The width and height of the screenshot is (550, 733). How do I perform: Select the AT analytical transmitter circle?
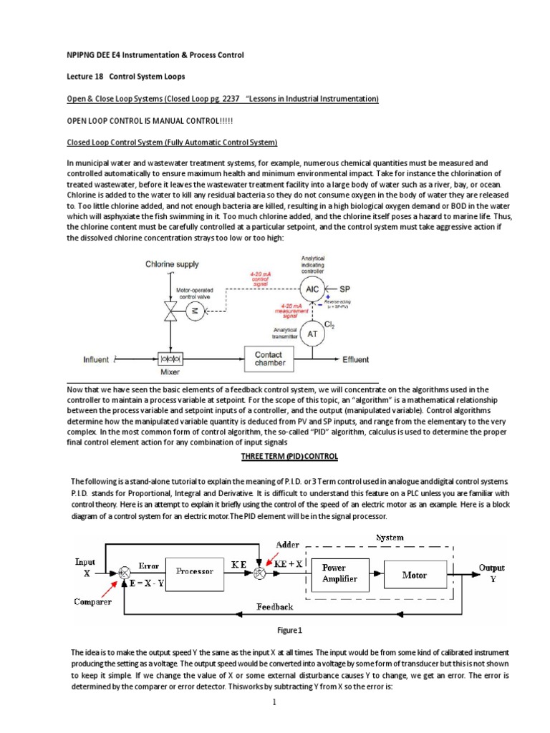(x=312, y=334)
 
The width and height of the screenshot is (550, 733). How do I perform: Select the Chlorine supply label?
(x=172, y=264)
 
